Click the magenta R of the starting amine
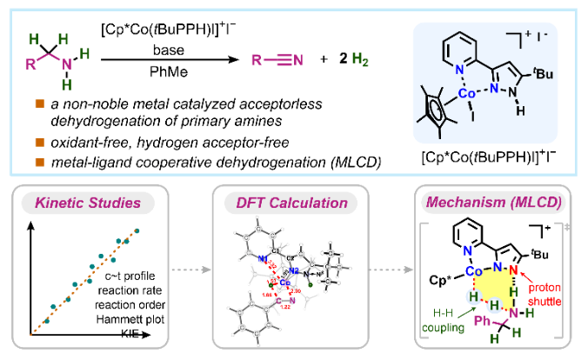click(28, 62)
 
